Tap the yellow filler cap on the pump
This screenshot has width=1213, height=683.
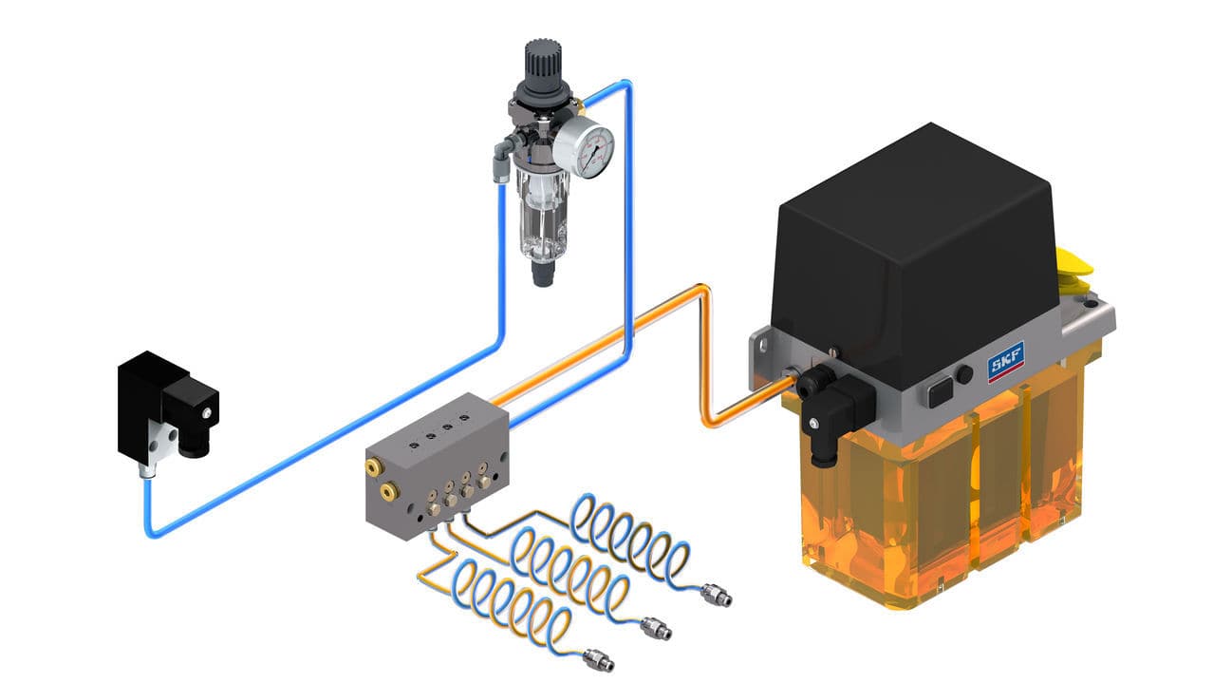coord(1075,271)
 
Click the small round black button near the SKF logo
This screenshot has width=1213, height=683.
coord(964,374)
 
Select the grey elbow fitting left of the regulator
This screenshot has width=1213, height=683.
coord(500,161)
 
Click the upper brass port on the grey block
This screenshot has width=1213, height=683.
coord(377,465)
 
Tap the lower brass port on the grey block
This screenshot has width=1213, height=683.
coord(389,492)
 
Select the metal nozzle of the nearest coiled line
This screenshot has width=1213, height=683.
coord(596,658)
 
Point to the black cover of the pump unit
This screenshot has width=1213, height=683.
coord(911,247)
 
